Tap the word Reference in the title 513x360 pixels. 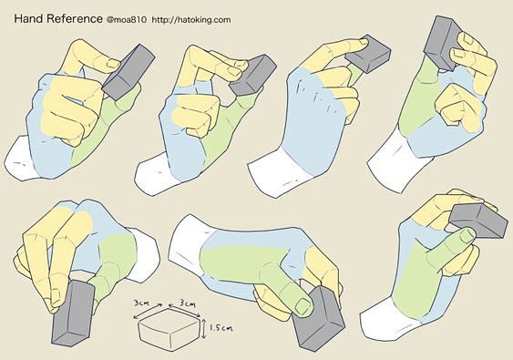pyautogui.click(x=75, y=18)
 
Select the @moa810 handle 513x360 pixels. pyautogui.click(x=127, y=20)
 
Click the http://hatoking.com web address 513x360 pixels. pyautogui.click(x=191, y=20)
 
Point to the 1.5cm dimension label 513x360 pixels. pyautogui.click(x=221, y=327)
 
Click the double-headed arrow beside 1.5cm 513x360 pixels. pyautogui.click(x=203, y=329)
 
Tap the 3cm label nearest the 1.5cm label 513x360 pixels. pyautogui.click(x=188, y=303)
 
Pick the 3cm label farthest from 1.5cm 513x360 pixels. pyautogui.click(x=141, y=303)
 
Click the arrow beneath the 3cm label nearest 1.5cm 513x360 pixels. pyautogui.click(x=185, y=311)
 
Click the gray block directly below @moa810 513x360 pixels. pyautogui.click(x=128, y=72)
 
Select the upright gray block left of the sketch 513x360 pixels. pyautogui.click(x=73, y=314)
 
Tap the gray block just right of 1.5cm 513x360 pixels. pyautogui.click(x=318, y=319)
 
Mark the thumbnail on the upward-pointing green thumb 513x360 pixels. pyautogui.click(x=467, y=235)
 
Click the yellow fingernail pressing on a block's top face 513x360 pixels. pyautogui.click(x=364, y=42)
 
